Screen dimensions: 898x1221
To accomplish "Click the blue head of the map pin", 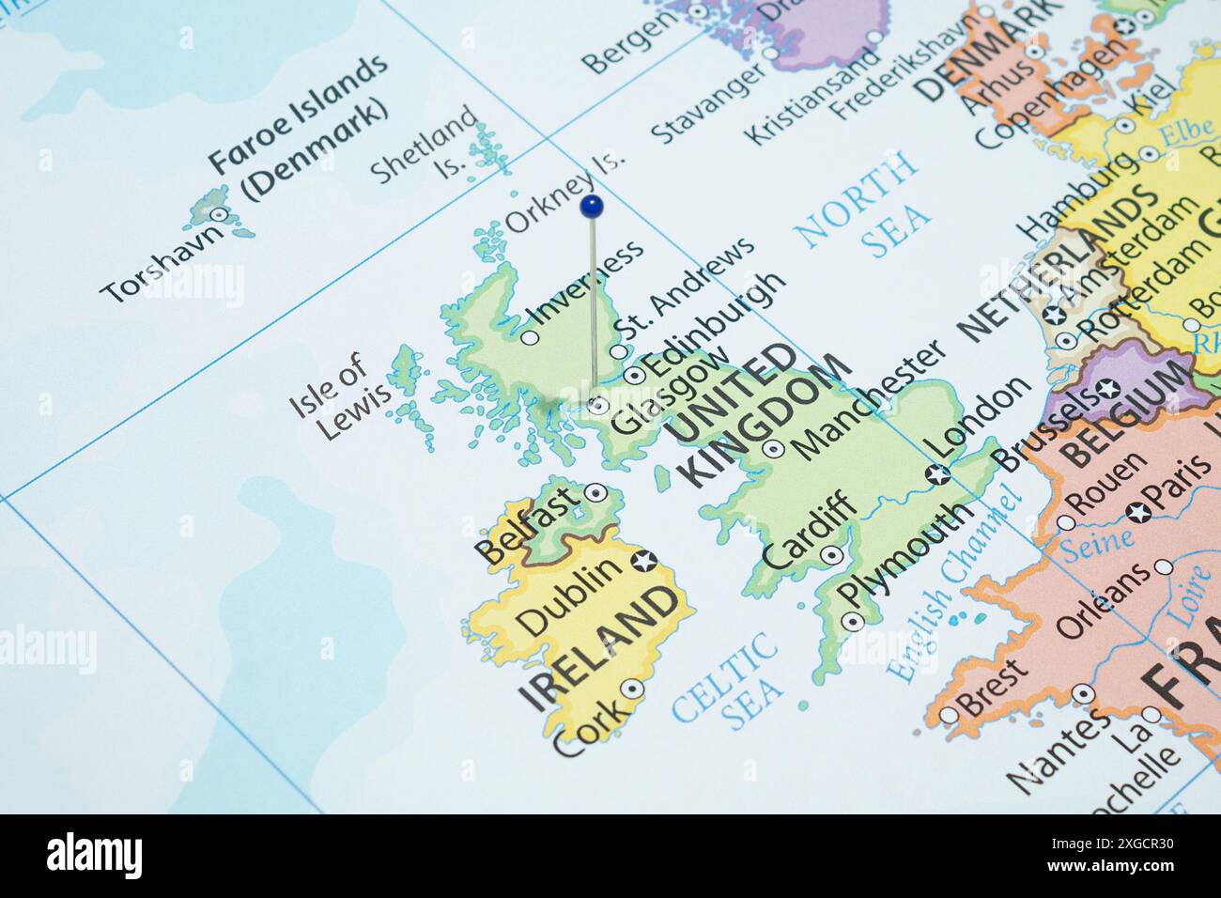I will (x=591, y=205).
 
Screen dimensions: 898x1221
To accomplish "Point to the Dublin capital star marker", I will (x=643, y=562).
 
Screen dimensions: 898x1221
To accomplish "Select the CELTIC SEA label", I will (x=726, y=679).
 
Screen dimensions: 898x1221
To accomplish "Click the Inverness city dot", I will (x=530, y=336).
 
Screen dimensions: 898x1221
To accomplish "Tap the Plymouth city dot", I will (x=851, y=621).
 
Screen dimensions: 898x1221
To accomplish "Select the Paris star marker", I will (x=1139, y=512).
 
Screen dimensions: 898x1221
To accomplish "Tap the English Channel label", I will (x=954, y=582).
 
